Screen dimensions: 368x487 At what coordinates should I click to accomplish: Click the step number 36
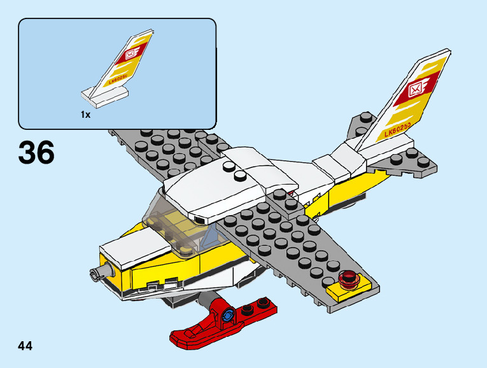click(x=37, y=152)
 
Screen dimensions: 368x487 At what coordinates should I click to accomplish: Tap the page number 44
click(x=25, y=346)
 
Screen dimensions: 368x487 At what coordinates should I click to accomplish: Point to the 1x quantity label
click(x=85, y=115)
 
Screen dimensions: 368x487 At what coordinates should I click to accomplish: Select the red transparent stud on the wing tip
click(x=348, y=278)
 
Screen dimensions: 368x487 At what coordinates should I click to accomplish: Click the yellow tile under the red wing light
click(x=344, y=292)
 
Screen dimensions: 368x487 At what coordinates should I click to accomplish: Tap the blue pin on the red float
click(x=229, y=315)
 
